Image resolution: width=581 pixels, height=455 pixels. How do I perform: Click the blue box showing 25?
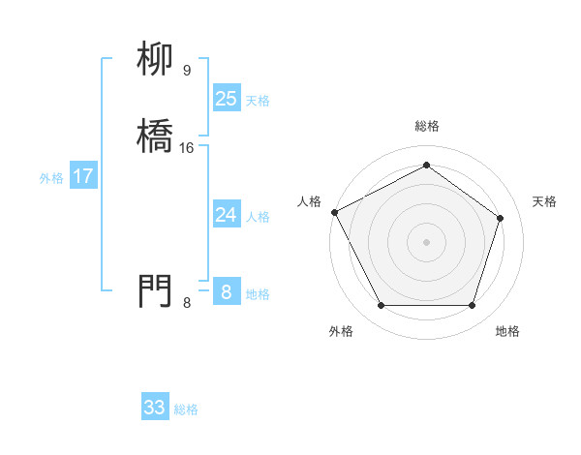click(226, 99)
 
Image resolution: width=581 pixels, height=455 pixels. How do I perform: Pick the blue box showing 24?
click(226, 215)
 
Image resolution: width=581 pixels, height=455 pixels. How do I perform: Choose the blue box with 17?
click(83, 176)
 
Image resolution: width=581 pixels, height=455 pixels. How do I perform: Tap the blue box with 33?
click(155, 408)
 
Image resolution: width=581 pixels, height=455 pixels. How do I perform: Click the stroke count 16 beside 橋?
click(187, 148)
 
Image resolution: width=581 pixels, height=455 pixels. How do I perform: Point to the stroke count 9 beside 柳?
click(186, 70)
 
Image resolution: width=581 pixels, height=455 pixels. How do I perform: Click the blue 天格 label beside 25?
click(258, 101)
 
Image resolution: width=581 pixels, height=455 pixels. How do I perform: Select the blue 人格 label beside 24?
click(258, 217)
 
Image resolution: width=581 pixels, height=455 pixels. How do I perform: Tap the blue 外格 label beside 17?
click(51, 178)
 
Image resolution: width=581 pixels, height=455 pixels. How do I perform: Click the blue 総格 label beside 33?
click(186, 409)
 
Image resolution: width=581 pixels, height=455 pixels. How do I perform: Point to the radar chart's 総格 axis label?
click(426, 126)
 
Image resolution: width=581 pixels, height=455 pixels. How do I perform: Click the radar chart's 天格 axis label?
click(544, 201)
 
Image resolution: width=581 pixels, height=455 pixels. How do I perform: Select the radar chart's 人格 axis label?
click(310, 201)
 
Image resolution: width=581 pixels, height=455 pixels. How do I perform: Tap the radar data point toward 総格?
click(426, 165)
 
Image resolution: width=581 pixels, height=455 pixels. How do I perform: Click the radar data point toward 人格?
click(334, 211)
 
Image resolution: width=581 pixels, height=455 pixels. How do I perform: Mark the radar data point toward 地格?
click(472, 306)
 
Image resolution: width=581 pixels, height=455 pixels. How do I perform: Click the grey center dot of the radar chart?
click(426, 241)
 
